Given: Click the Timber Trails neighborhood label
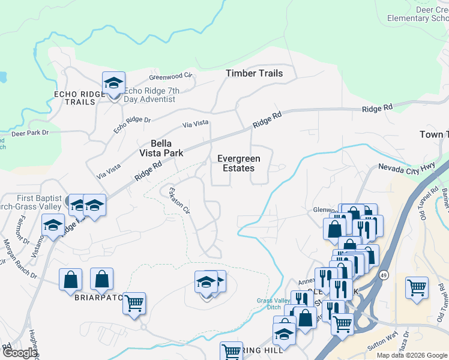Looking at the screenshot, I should pos(254,73).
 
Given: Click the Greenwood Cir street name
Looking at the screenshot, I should pos(170,76).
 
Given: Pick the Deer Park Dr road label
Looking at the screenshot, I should pos(29,132).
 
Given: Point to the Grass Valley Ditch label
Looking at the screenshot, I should pos(273,304).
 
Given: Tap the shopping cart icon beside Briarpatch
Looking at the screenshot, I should pos(134,302).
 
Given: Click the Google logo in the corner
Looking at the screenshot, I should pos(19,353).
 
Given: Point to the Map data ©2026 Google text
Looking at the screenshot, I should pos(411,355).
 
